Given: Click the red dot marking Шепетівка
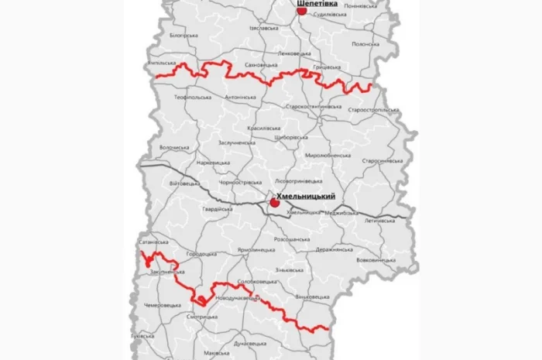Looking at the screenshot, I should point(302,11).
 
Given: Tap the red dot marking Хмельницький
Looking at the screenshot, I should point(273,203).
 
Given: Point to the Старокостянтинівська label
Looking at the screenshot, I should point(314,106).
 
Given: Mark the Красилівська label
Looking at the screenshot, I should point(266,125).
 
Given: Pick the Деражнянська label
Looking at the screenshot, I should point(337,250).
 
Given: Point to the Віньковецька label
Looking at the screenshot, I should point(312,297).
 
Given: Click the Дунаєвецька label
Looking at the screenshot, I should point(250,341).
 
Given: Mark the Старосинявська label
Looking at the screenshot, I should point(382,161).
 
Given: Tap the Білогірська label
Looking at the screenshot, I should point(184,36).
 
